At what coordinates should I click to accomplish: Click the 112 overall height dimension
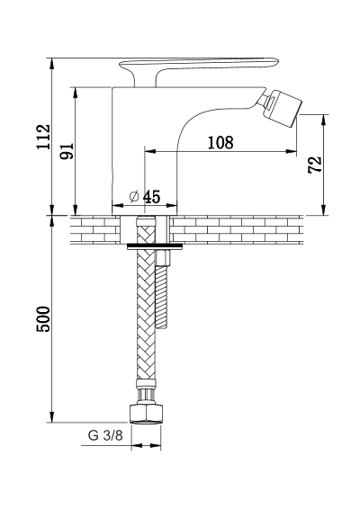click(43, 137)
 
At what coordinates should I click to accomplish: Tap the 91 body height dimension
click(67, 150)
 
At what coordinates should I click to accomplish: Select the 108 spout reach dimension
click(220, 142)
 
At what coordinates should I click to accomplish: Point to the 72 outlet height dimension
click(315, 165)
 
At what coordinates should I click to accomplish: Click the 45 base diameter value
click(151, 197)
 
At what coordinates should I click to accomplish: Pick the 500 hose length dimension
click(43, 318)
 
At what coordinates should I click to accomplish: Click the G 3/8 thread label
click(105, 435)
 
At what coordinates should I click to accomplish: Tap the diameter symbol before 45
click(134, 197)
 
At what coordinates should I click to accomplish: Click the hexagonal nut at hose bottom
click(145, 414)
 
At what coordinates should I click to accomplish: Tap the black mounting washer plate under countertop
click(154, 246)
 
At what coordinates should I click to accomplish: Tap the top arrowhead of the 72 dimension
click(324, 121)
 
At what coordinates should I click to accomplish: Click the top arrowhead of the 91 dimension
click(76, 93)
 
